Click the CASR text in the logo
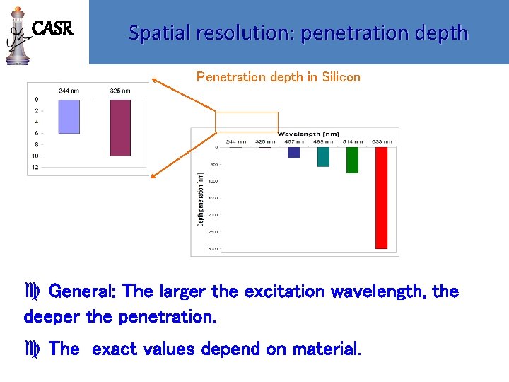(x=53, y=29)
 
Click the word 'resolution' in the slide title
(x=240, y=33)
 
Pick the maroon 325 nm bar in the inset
(x=119, y=127)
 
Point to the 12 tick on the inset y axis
(x=35, y=167)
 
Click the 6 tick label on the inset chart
(x=36, y=133)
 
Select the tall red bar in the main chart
(x=381, y=197)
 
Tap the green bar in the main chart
(x=352, y=160)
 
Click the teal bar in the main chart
(x=323, y=156)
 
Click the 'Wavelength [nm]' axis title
(x=309, y=134)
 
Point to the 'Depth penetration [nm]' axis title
(x=200, y=199)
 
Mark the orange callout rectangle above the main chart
(x=247, y=121)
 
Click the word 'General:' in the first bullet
(x=84, y=291)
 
